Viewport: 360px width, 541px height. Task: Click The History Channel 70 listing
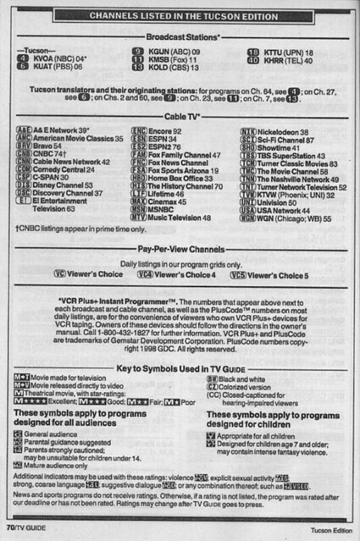pos(179,185)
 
